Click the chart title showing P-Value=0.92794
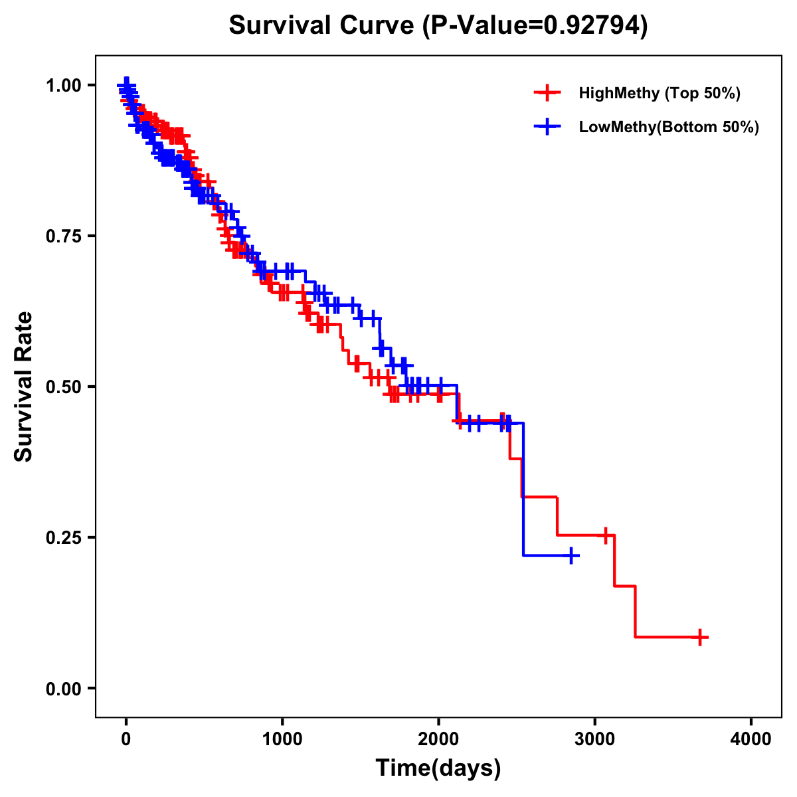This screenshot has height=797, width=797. coord(438,25)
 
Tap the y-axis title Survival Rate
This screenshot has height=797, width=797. coord(24,387)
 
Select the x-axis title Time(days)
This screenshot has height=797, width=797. coord(438,768)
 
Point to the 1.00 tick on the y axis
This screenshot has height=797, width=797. coord(63,85)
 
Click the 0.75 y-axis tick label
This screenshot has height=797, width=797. coord(63,236)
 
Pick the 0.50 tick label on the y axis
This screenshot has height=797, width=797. coord(63,387)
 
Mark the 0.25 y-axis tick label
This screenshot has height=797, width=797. coord(63,537)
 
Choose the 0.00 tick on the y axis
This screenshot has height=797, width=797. coord(63,688)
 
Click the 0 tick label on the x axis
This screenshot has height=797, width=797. coord(126,739)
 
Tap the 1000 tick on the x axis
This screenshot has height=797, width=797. coord(282,739)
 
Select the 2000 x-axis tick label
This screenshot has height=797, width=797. coord(438,739)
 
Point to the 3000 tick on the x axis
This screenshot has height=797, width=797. coord(595,739)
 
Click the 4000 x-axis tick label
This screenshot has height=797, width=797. coord(751,739)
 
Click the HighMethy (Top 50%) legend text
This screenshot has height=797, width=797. coord(660,93)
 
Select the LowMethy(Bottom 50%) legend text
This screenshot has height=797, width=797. coord(669,127)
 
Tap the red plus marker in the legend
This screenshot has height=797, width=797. coord(547,93)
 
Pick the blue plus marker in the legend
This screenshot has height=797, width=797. coord(547,127)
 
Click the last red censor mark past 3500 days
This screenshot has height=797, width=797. coord(699,637)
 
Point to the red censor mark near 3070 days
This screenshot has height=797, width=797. coord(605,535)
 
